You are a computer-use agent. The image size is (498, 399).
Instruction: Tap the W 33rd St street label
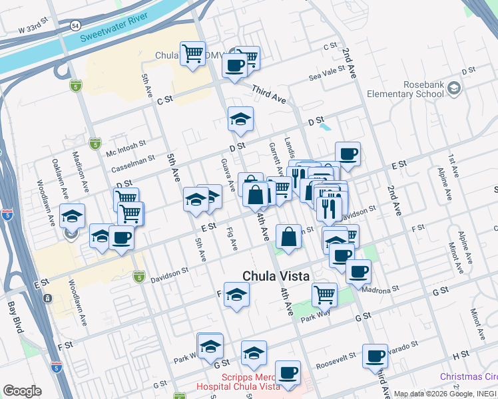tap(35, 30)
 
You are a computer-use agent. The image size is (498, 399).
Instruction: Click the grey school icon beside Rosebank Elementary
tap(454, 88)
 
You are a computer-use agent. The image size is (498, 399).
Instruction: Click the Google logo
tap(22, 391)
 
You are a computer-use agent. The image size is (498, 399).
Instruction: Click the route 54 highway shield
tap(76, 25)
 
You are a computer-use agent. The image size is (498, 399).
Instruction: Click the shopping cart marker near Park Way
tap(324, 293)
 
